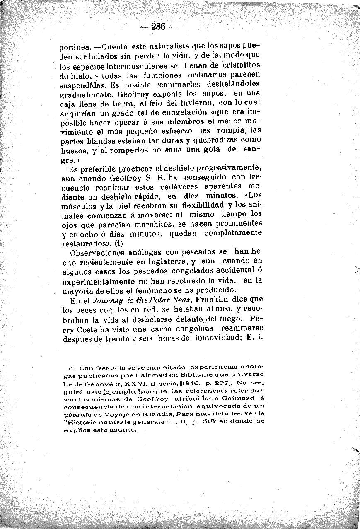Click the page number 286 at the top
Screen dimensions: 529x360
[x=158, y=27]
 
